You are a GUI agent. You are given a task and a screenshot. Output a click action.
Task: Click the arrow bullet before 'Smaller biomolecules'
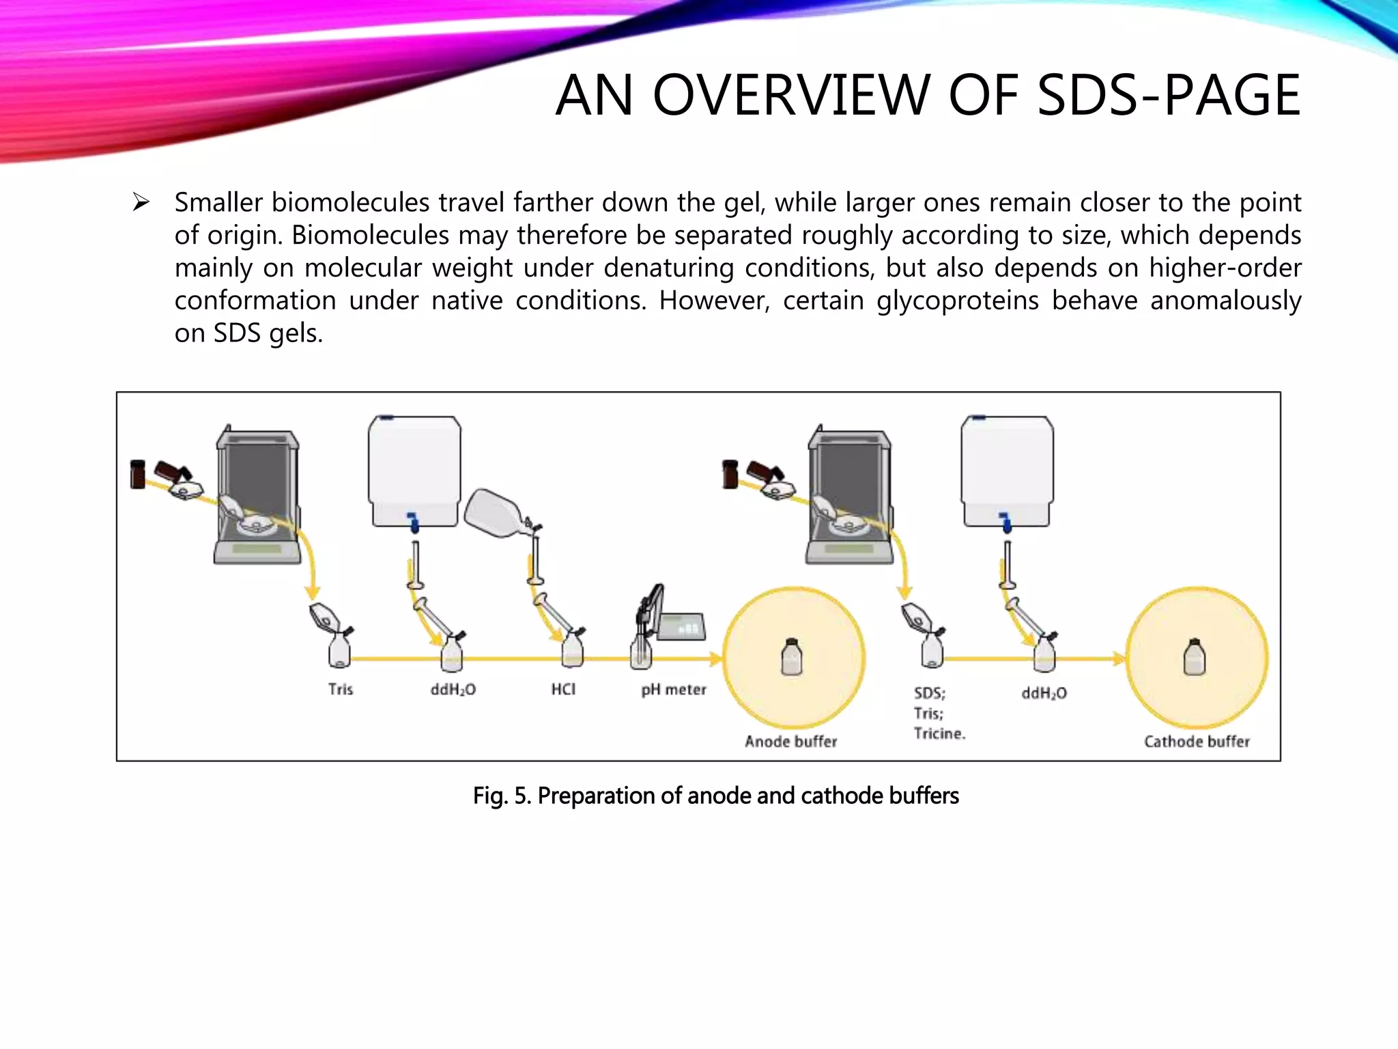click(x=141, y=202)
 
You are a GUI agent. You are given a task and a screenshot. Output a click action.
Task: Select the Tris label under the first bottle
click(x=340, y=689)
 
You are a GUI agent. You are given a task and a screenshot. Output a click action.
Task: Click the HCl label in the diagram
click(x=563, y=689)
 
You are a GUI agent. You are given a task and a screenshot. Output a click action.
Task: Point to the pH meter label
click(x=673, y=690)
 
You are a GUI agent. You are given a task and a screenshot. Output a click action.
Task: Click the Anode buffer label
click(x=790, y=742)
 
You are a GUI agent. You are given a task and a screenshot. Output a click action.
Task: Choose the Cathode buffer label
click(x=1196, y=742)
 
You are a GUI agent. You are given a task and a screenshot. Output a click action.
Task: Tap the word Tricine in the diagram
click(x=939, y=733)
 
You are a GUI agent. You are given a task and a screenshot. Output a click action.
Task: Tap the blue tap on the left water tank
click(x=413, y=522)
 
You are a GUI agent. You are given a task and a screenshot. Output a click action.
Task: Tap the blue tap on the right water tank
click(x=1005, y=522)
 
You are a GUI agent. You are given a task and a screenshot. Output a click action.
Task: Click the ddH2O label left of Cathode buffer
click(x=1044, y=693)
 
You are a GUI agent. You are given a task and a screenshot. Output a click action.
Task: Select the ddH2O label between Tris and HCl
click(x=453, y=690)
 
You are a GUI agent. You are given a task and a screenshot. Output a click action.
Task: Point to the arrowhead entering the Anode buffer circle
click(x=716, y=659)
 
